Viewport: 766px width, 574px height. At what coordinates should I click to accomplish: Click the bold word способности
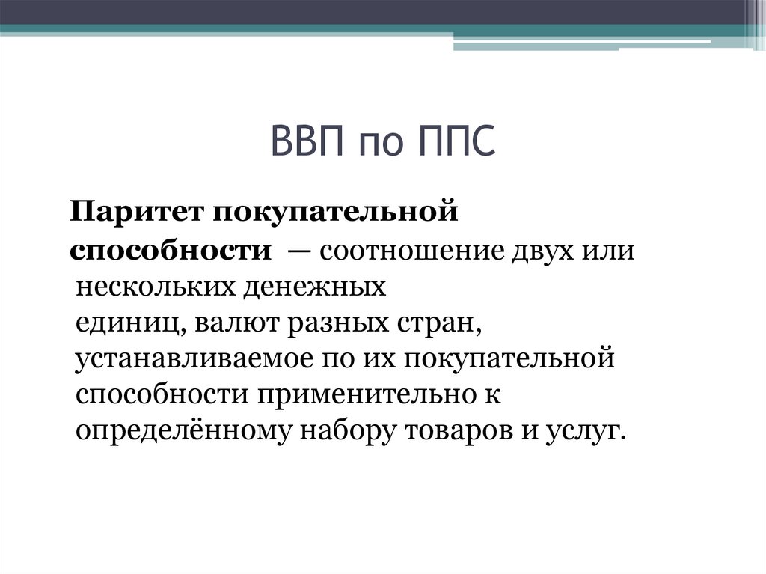click(x=171, y=250)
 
